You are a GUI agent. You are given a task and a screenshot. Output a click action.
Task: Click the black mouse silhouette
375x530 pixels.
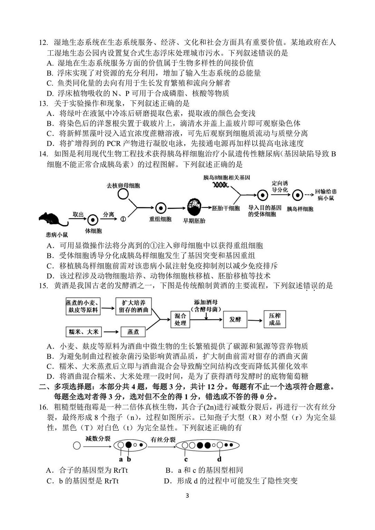(52, 219)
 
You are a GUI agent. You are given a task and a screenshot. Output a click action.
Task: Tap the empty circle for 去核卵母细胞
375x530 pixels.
(123, 194)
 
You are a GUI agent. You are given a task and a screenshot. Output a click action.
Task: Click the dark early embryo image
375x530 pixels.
(194, 207)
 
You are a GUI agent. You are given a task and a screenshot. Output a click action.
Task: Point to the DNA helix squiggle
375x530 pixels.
(221, 185)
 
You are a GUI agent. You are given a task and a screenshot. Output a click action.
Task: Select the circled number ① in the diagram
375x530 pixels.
(123, 219)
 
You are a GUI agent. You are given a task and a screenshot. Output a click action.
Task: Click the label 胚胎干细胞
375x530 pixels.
(226, 208)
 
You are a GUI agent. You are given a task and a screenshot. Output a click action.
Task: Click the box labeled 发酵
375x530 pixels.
(235, 319)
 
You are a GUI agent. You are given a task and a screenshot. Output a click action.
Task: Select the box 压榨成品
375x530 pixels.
(275, 319)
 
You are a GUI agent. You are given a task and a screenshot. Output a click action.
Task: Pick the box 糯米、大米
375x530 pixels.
(83, 332)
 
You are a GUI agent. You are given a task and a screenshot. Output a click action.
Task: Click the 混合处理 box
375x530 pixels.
(180, 319)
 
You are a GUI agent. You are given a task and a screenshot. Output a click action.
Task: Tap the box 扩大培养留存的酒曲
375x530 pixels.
(133, 306)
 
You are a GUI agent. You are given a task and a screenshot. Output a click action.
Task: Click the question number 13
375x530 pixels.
(43, 103)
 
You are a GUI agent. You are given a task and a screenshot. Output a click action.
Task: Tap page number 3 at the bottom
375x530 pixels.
(187, 495)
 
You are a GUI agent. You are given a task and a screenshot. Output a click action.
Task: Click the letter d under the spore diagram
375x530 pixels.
(219, 459)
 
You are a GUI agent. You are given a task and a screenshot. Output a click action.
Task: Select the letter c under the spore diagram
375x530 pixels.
(186, 460)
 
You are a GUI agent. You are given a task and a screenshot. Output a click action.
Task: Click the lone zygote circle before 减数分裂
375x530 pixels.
(77, 446)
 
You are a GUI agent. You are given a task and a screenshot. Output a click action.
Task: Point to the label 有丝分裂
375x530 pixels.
(163, 440)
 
